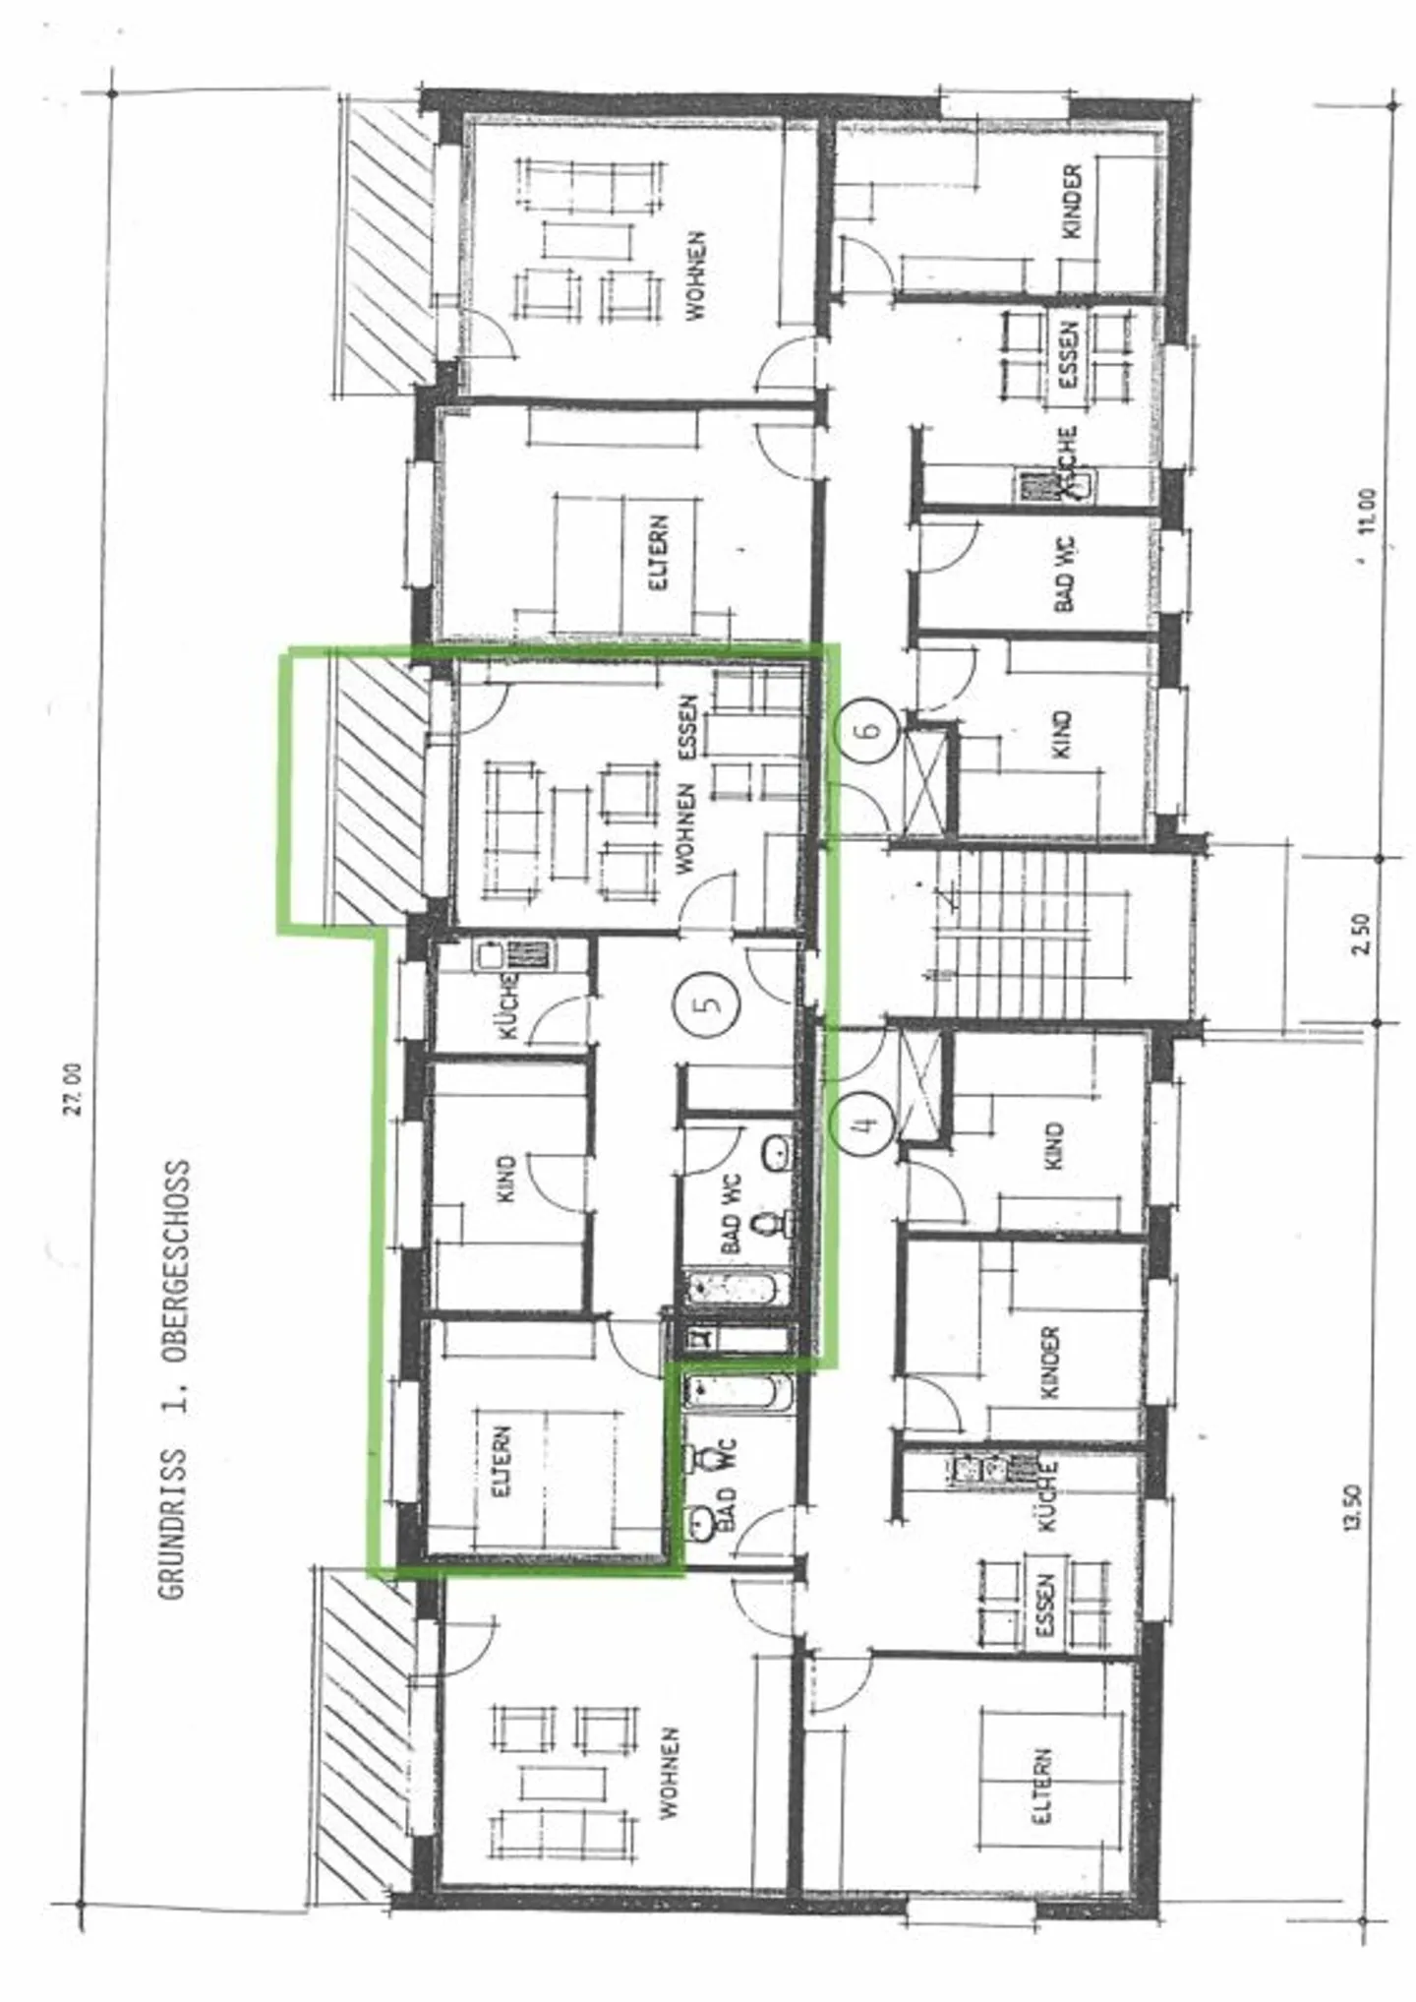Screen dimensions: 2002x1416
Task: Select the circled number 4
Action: pyautogui.click(x=862, y=1122)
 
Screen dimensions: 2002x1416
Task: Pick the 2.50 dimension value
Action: pyautogui.click(x=1360, y=934)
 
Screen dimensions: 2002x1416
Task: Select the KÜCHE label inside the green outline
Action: pyautogui.click(x=509, y=1004)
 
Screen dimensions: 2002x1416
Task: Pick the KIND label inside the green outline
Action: pyautogui.click(x=506, y=1180)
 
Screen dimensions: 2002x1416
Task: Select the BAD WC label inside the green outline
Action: pyautogui.click(x=733, y=1213)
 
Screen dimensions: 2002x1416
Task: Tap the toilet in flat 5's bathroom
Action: pyautogui.click(x=766, y=1226)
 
